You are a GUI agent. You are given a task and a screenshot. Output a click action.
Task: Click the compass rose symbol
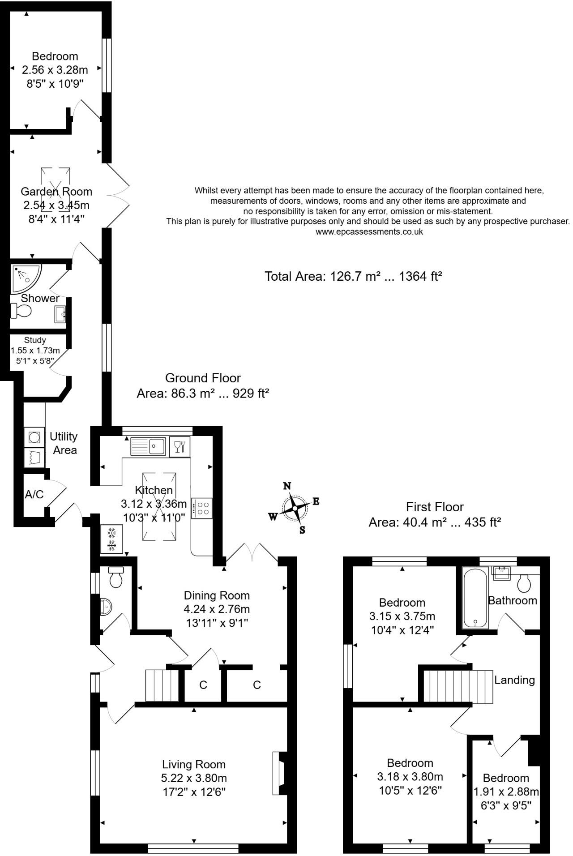pos(295,508)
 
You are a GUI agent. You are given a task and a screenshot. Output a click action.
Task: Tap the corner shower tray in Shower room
pos(25,278)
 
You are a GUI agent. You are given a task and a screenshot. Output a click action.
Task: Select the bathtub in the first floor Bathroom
pos(475,598)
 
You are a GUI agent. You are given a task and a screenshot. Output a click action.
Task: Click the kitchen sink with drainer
pos(148,446)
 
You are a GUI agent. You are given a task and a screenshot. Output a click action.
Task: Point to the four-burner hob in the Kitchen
pos(202,508)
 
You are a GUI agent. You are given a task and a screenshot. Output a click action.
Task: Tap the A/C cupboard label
pos(34,494)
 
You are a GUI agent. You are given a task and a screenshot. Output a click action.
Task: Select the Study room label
pos(35,340)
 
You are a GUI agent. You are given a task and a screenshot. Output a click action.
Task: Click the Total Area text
pos(353,276)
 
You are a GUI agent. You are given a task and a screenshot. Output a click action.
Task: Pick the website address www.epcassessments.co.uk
pos(369,232)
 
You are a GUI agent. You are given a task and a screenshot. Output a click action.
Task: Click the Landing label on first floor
pos(514,680)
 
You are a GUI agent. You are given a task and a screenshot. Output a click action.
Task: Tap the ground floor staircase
pos(162,685)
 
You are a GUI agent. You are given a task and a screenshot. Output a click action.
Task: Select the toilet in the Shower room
pos(21,310)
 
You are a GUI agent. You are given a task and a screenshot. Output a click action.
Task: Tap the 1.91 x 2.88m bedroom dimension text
pos(506,792)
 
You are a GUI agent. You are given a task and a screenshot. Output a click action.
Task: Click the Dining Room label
pos(217,595)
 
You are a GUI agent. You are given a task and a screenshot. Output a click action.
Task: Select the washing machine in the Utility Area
pos(34,437)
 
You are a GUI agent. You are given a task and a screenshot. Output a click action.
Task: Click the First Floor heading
pos(434,507)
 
